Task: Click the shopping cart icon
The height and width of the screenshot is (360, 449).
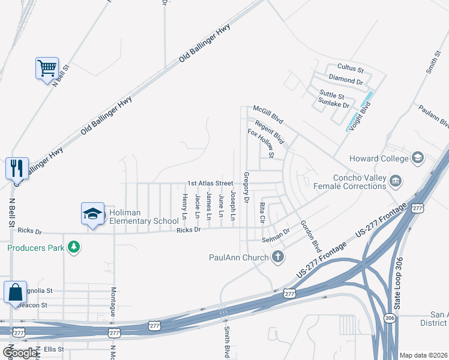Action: [46, 68]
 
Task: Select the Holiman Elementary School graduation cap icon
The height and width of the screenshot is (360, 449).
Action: [93, 214]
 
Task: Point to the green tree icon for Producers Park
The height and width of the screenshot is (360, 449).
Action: [74, 247]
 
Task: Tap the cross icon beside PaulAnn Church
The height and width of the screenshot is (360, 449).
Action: [277, 257]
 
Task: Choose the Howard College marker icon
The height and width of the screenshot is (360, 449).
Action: [417, 158]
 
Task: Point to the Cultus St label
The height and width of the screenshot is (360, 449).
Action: [351, 70]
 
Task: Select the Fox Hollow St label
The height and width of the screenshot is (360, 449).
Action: [261, 143]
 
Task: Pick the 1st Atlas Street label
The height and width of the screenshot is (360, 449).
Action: [209, 183]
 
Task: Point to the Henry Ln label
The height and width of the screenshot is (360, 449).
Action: [184, 206]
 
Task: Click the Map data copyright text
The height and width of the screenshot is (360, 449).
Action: [423, 355]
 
